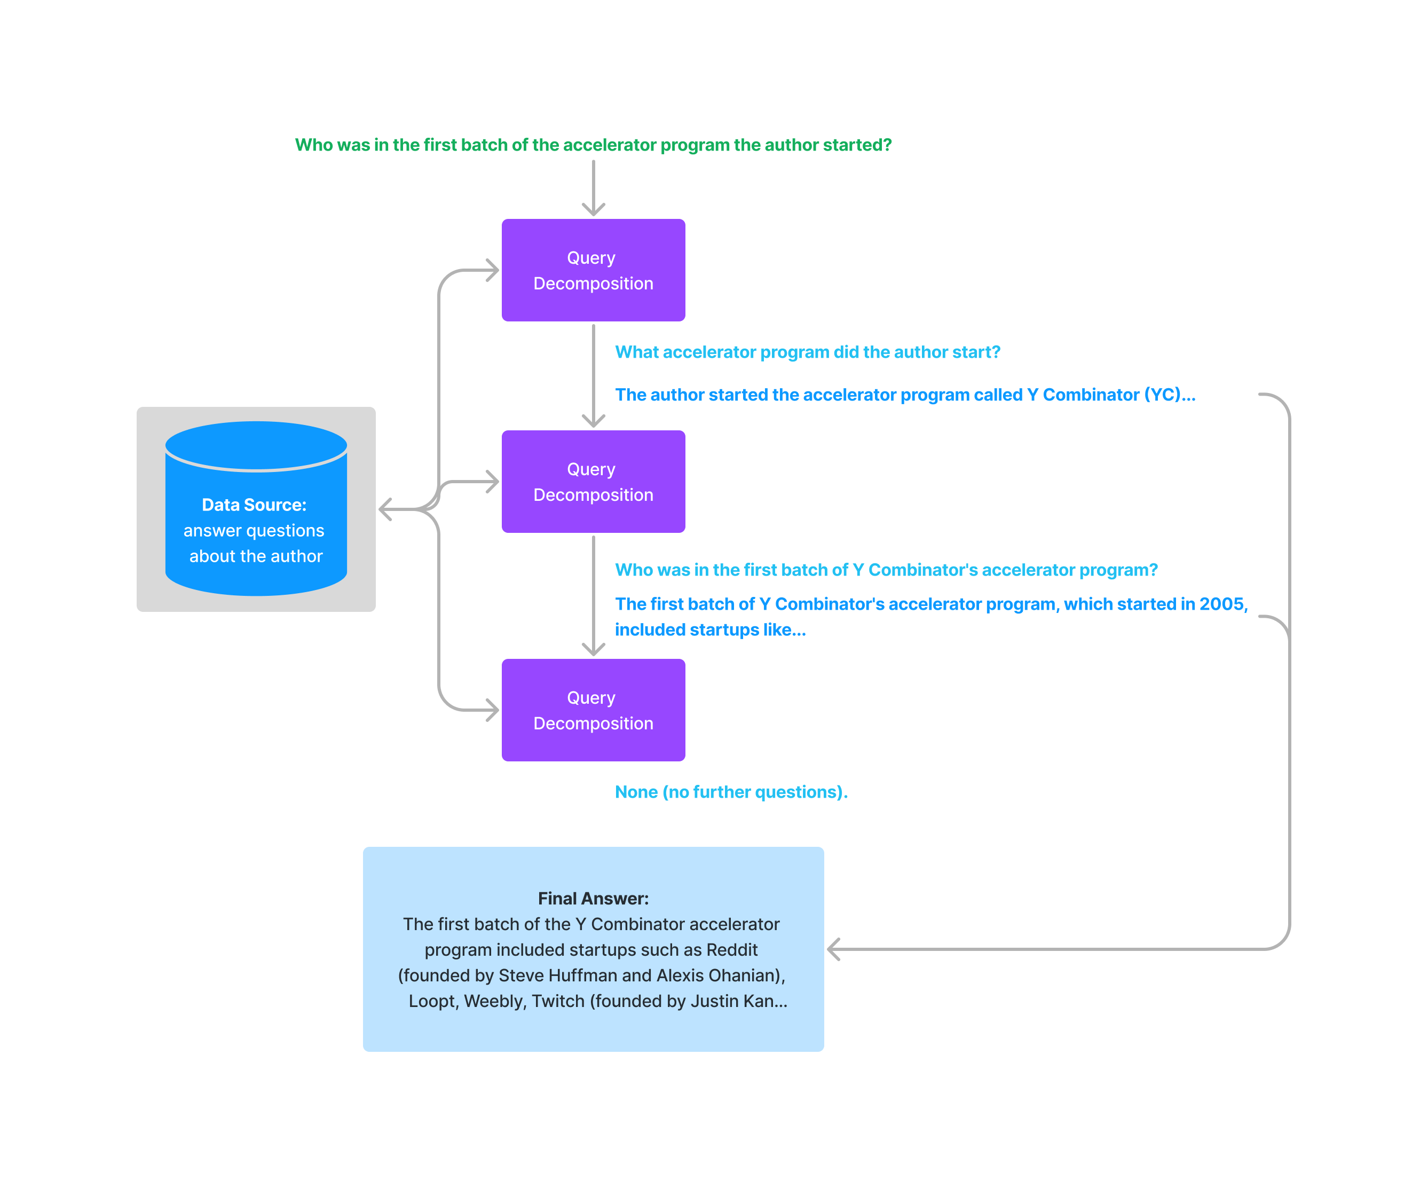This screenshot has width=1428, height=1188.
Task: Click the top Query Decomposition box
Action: [x=593, y=270]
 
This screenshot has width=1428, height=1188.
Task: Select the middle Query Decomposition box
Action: [x=593, y=482]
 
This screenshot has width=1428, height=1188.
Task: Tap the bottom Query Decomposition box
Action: [x=593, y=710]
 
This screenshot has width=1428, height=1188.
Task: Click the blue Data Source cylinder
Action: [x=256, y=517]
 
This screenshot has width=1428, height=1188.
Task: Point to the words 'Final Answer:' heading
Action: [x=593, y=898]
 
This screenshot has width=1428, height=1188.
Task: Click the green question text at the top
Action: [x=593, y=145]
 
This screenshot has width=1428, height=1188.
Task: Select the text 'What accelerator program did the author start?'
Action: [x=807, y=352]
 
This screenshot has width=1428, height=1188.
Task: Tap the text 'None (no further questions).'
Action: [x=731, y=792]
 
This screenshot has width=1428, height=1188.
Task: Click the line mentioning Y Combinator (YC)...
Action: [x=904, y=395]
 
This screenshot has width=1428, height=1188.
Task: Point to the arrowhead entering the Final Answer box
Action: [x=834, y=949]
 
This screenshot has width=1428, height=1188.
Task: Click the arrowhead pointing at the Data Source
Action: [x=385, y=509]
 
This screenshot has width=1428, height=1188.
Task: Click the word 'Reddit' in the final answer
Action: [x=732, y=950]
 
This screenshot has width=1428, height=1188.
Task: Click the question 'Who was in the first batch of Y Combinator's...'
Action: [x=885, y=570]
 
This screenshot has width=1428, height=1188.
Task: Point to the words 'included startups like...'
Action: [x=710, y=630]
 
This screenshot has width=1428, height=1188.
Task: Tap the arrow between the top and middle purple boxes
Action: [x=594, y=375]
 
